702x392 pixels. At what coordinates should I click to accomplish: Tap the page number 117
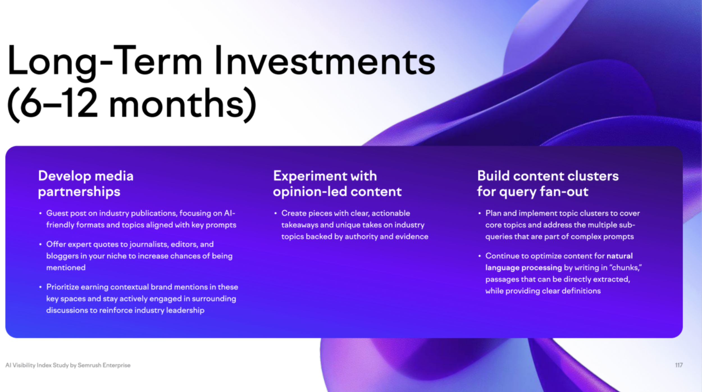tap(679, 365)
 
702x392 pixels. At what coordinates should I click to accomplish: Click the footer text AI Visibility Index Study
tap(37, 365)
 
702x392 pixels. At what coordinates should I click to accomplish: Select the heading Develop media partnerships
tap(86, 184)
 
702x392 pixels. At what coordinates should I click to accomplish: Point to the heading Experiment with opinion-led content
tap(337, 184)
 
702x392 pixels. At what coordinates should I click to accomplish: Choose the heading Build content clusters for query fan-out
tap(548, 184)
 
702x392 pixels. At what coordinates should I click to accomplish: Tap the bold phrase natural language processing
tap(559, 262)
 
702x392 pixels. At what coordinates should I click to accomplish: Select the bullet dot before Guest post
tap(40, 213)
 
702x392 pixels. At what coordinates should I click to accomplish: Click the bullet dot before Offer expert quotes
tap(40, 244)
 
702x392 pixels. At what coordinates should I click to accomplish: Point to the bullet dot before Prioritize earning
tap(40, 287)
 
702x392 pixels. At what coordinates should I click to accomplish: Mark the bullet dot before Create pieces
tap(275, 213)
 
